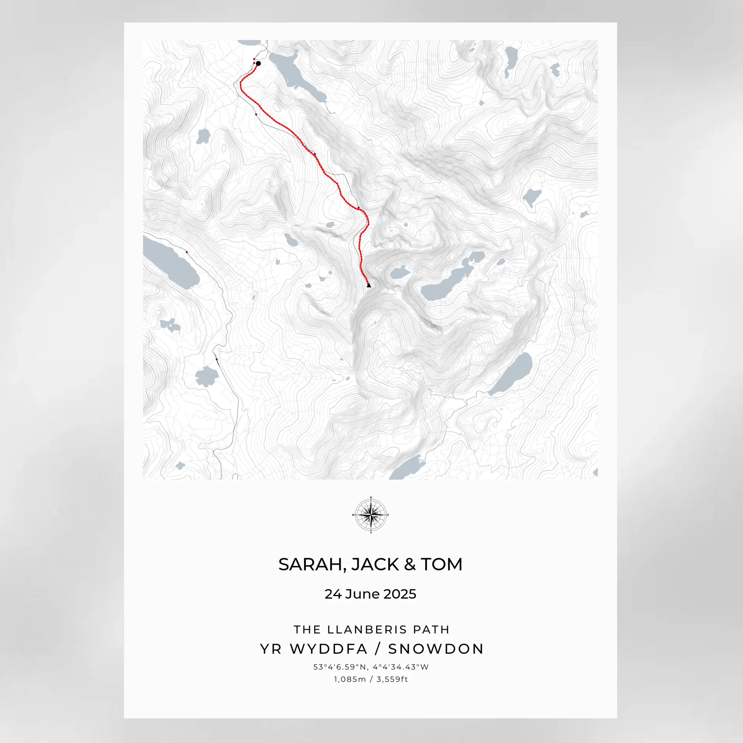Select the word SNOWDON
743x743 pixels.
click(x=436, y=649)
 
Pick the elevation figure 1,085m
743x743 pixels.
click(x=350, y=679)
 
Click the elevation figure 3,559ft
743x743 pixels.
click(x=392, y=679)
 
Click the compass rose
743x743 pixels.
click(x=371, y=515)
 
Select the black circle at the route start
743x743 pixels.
click(x=258, y=63)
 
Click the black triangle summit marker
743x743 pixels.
click(x=369, y=285)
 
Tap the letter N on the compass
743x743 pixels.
click(x=371, y=497)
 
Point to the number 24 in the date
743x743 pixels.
click(x=333, y=594)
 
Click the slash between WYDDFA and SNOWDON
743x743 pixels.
click(x=378, y=649)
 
